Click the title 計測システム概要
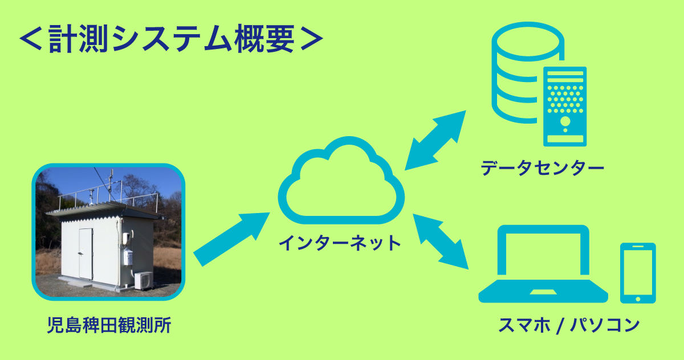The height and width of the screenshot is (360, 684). [x=172, y=38]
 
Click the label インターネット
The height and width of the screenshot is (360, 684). [x=340, y=243]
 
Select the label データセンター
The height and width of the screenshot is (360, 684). [x=542, y=167]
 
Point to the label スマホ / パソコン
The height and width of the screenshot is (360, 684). [x=569, y=325]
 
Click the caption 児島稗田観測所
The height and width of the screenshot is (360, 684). [x=109, y=325]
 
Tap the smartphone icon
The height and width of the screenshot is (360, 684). [x=638, y=273]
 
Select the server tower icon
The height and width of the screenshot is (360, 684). [x=565, y=107]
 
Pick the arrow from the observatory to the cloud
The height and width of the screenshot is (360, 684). [x=231, y=239]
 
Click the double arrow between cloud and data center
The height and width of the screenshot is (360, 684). [x=435, y=140]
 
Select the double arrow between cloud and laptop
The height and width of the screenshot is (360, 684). [x=441, y=242]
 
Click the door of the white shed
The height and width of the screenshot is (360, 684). [x=86, y=253]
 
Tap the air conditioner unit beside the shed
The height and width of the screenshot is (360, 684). [x=144, y=280]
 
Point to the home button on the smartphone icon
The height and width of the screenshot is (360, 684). [x=638, y=299]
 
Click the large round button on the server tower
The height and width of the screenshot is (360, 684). [x=565, y=121]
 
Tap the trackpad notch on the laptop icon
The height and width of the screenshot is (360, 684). [x=543, y=292]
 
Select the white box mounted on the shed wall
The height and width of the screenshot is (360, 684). [x=128, y=257]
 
